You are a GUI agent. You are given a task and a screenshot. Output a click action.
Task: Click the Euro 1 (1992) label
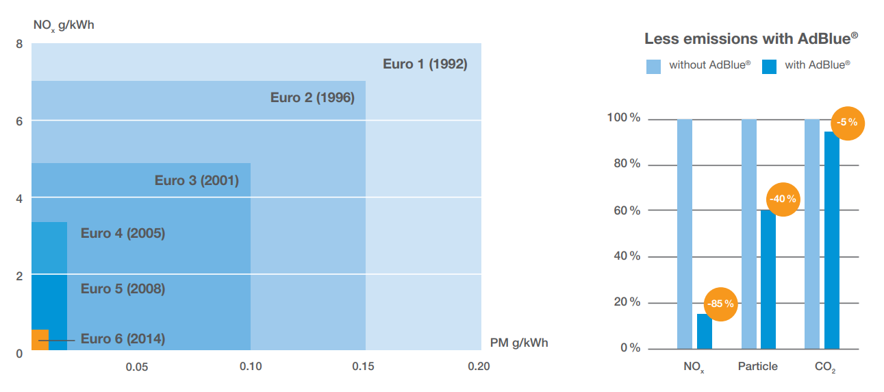[425, 64]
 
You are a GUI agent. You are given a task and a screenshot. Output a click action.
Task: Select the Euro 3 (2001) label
[197, 181]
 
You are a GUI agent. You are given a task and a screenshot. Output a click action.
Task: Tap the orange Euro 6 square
[40, 340]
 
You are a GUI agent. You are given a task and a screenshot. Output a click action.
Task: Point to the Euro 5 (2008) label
[123, 289]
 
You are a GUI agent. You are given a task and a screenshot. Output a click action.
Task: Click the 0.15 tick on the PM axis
[363, 367]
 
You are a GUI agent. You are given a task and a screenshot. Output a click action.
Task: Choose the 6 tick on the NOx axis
[19, 121]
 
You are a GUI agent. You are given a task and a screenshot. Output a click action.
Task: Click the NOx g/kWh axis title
[64, 25]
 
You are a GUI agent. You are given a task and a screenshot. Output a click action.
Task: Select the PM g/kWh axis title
[519, 343]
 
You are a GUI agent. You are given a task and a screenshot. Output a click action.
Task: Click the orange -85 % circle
[720, 304]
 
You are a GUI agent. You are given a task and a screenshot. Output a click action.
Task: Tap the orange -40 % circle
[783, 199]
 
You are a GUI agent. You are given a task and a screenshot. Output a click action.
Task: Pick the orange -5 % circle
[847, 123]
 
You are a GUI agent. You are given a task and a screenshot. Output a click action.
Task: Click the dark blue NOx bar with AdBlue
[705, 332]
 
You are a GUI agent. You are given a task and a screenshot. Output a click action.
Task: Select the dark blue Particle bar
[768, 280]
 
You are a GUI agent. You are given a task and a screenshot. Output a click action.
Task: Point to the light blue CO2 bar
[812, 234]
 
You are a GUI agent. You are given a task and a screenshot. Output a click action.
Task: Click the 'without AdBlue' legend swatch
[653, 66]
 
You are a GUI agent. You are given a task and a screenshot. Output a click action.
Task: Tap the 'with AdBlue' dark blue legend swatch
[769, 66]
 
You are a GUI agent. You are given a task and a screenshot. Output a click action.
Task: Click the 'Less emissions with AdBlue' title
[751, 39]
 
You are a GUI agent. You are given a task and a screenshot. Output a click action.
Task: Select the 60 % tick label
[627, 210]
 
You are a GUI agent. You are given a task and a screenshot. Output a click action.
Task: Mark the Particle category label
[758, 367]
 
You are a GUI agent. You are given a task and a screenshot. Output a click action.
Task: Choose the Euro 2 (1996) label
[312, 97]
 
